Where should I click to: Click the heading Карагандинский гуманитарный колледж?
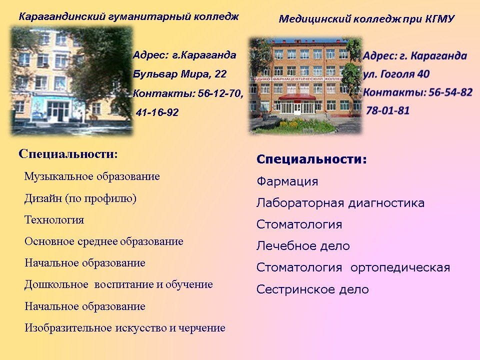pyautogui.click(x=128, y=16)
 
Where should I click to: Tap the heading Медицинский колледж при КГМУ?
pyautogui.click(x=366, y=19)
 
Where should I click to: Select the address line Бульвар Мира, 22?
pyautogui.click(x=179, y=74)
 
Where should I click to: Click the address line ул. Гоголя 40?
pyautogui.click(x=396, y=74)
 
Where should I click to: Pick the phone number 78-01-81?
pyautogui.click(x=388, y=110)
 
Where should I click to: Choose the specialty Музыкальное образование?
pyautogui.click(x=92, y=176)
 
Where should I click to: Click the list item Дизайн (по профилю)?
pyautogui.click(x=80, y=198)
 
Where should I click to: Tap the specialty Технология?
pyautogui.click(x=54, y=220)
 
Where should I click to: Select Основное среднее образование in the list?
pyautogui.click(x=104, y=241)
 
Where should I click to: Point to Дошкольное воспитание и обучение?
pyautogui.click(x=118, y=284)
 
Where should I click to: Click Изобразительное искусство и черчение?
pyautogui.click(x=125, y=328)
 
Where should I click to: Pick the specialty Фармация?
pyautogui.click(x=287, y=181)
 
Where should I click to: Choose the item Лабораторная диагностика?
pyautogui.click(x=340, y=203)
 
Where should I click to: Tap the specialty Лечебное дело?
pyautogui.click(x=303, y=246)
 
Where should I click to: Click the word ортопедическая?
pyautogui.click(x=400, y=267)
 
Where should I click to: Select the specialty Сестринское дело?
pyautogui.click(x=312, y=289)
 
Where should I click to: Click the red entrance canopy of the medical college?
pyautogui.click(x=297, y=97)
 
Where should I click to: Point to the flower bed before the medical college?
pyautogui.click(x=294, y=126)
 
